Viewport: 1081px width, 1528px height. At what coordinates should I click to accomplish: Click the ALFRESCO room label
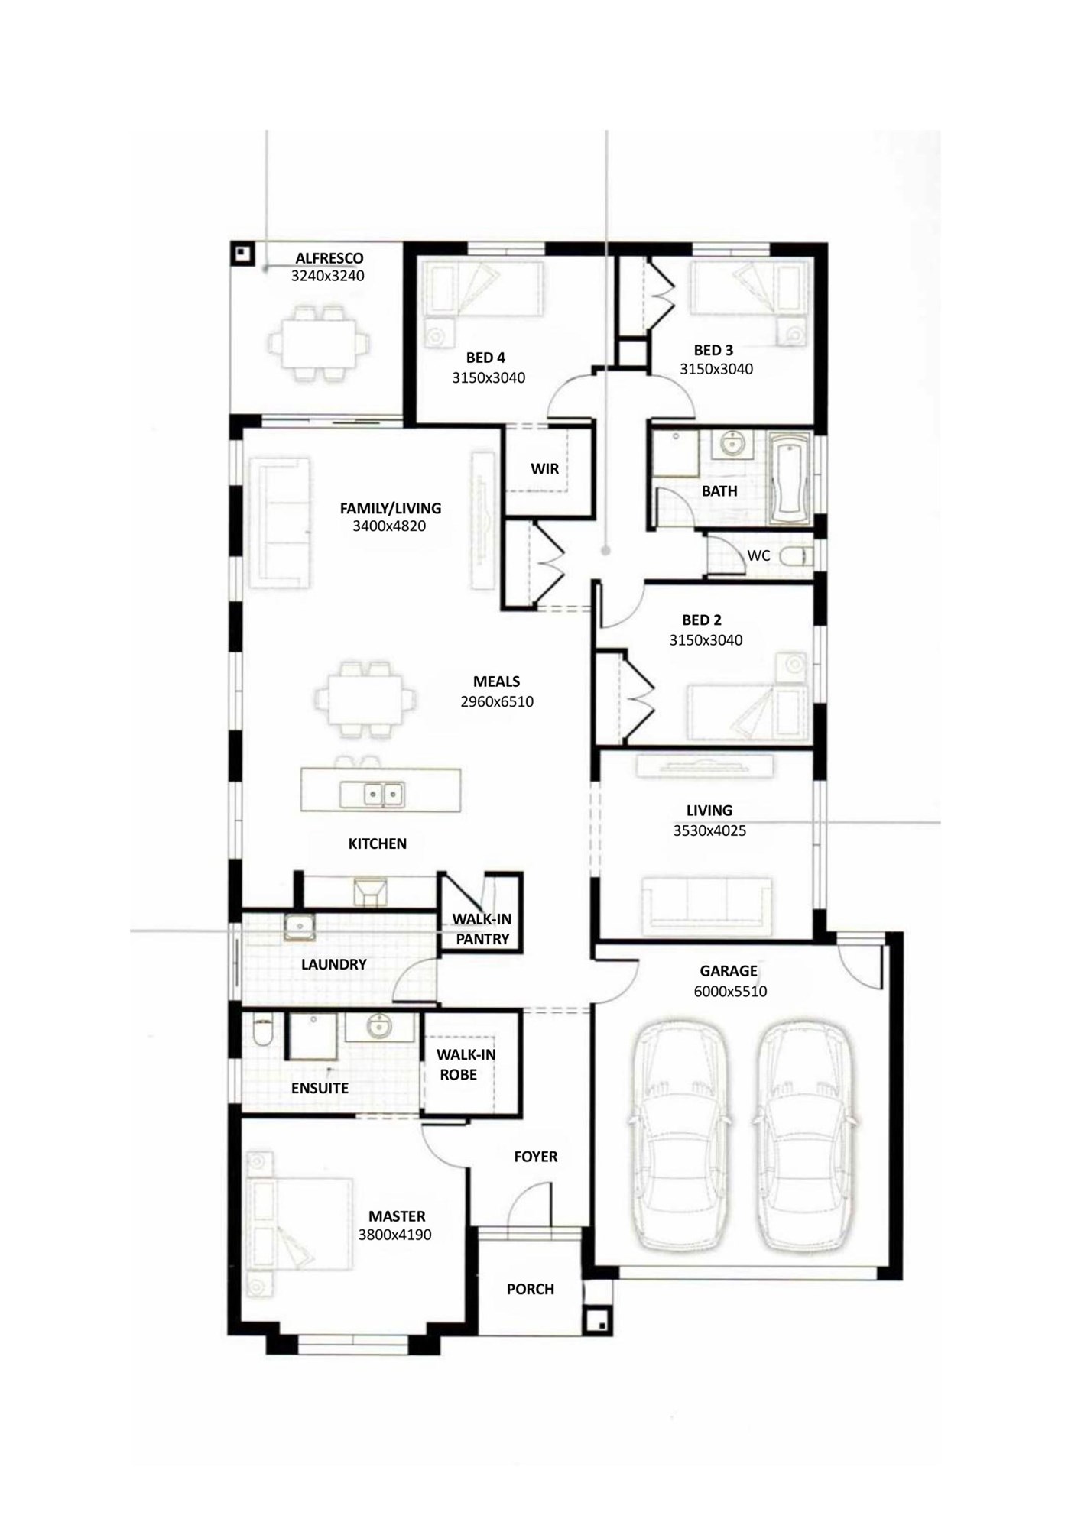pyautogui.click(x=329, y=258)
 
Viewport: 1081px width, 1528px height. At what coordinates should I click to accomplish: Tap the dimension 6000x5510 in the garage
pyautogui.click(x=730, y=992)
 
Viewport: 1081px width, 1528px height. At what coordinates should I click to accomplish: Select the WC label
pyautogui.click(x=758, y=555)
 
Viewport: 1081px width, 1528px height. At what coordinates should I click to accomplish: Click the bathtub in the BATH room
pyautogui.click(x=789, y=479)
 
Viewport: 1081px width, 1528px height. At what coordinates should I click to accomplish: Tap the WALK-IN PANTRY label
pyautogui.click(x=482, y=929)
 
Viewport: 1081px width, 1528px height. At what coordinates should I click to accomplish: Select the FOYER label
pyautogui.click(x=535, y=1157)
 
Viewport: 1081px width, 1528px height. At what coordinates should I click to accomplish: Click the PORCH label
pyautogui.click(x=531, y=1289)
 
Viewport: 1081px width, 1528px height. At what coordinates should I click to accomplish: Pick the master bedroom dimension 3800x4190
pyautogui.click(x=394, y=1234)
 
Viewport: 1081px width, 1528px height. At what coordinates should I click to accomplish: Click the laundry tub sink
pyautogui.click(x=300, y=926)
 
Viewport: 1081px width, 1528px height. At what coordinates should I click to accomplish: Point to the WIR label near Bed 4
pyautogui.click(x=545, y=468)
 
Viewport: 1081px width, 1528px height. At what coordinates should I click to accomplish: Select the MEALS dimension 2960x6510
pyautogui.click(x=497, y=701)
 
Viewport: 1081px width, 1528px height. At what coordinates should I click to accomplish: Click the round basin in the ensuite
pyautogui.click(x=379, y=1026)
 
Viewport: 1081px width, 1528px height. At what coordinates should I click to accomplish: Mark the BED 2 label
pyautogui.click(x=702, y=620)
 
